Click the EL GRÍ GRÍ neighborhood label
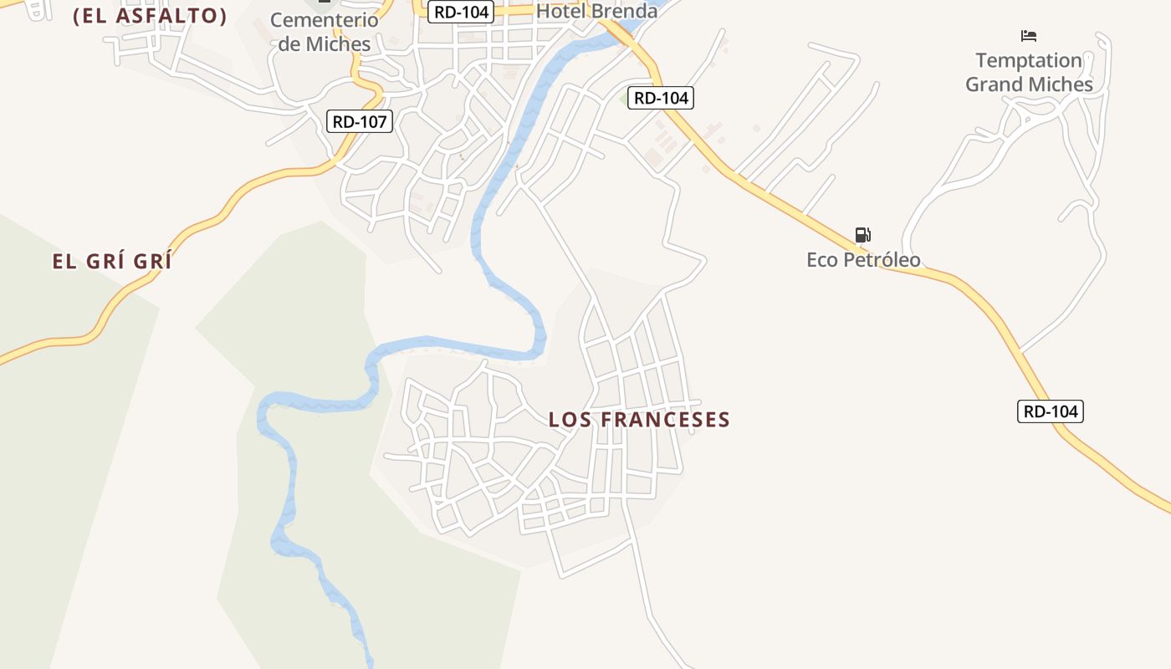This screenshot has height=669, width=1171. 112,262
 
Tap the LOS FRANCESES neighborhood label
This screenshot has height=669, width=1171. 639,420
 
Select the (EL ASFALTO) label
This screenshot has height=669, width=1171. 150,16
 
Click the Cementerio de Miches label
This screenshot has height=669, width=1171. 325,32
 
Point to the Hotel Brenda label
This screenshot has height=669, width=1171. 596,12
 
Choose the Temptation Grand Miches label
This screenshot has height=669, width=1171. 1029,72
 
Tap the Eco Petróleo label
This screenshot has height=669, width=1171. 863,260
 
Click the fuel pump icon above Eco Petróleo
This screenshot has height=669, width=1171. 863,235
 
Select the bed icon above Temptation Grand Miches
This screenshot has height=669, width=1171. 1029,36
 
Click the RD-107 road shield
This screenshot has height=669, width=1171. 360,122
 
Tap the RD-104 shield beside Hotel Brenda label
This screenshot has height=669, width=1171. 462,12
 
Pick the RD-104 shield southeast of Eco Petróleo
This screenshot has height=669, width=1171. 1051,411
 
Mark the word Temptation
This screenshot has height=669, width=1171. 1029,61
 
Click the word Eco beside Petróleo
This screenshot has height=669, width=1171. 821,260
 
